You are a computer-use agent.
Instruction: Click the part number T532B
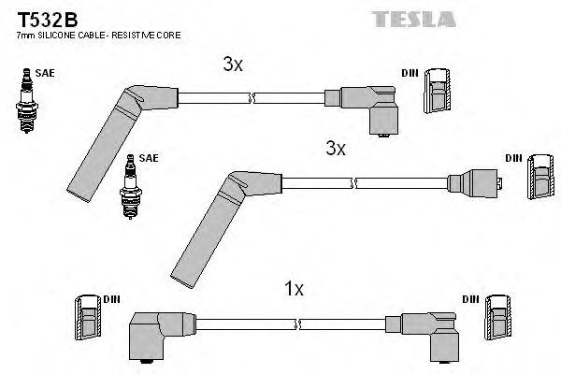click(x=40, y=19)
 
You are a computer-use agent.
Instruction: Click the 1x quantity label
click(x=294, y=291)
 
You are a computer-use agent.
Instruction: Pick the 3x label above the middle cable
click(x=336, y=148)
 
